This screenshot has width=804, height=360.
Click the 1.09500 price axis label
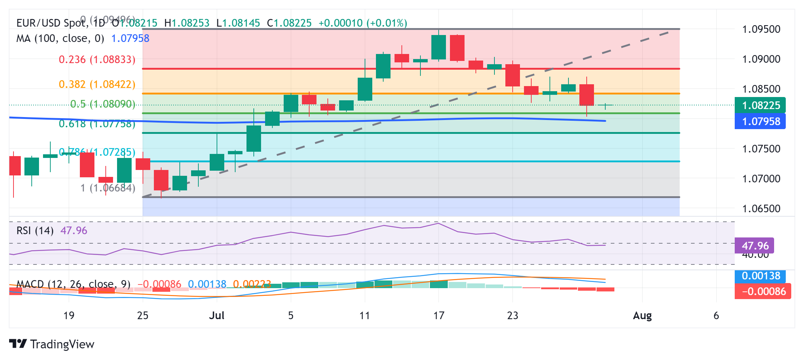click(761, 29)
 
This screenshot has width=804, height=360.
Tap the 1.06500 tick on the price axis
click(761, 209)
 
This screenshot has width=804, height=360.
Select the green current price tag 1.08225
click(760, 105)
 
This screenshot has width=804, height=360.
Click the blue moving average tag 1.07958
click(760, 121)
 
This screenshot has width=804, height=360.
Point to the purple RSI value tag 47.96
click(754, 246)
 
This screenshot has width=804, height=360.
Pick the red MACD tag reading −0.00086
click(763, 291)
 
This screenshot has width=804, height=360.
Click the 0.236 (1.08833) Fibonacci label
click(97, 59)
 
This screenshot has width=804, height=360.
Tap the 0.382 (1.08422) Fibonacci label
click(97, 84)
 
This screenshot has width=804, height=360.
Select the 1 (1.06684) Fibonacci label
click(108, 188)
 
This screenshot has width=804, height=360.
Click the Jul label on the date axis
click(217, 316)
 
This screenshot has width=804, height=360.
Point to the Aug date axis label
click(642, 316)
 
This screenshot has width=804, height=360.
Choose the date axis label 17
click(439, 316)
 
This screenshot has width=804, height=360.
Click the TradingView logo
click(52, 344)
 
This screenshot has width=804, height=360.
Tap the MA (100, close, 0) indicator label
click(60, 38)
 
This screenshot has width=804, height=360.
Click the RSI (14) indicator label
click(35, 231)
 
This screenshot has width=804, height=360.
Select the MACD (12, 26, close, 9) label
click(73, 284)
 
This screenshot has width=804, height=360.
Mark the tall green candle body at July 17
click(439, 47)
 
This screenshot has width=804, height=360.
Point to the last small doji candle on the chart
click(605, 105)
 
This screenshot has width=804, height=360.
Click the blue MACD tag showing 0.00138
click(760, 276)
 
